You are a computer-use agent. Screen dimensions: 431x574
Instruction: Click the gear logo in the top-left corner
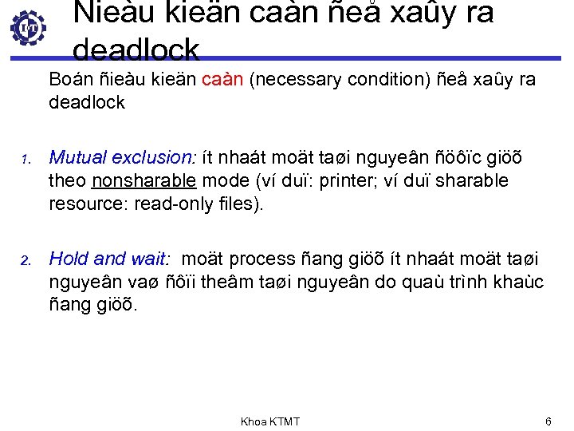[28, 29]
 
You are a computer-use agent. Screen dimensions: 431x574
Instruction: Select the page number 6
[548, 421]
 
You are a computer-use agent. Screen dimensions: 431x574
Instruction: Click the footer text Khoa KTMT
[270, 421]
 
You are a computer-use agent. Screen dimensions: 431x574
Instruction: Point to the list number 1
[25, 160]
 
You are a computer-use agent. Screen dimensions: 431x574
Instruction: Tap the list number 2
[25, 260]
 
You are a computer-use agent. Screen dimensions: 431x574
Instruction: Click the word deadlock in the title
[136, 49]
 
